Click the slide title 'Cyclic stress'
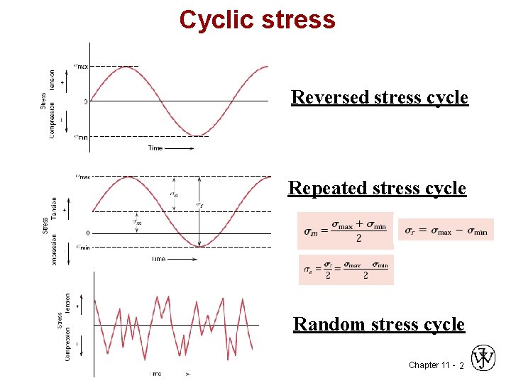click(257, 19)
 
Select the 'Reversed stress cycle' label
click(380, 96)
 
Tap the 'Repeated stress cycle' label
click(377, 188)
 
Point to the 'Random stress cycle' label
click(379, 324)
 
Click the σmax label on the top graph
click(81, 66)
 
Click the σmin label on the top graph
click(81, 137)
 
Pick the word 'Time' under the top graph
click(155, 148)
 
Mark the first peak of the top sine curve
click(126, 67)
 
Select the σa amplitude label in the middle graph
click(175, 193)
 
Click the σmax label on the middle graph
click(82, 177)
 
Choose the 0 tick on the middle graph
click(87, 233)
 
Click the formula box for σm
click(345, 231)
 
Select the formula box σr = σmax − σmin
click(446, 230)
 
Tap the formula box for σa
click(346, 270)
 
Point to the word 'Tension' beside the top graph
click(52, 80)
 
